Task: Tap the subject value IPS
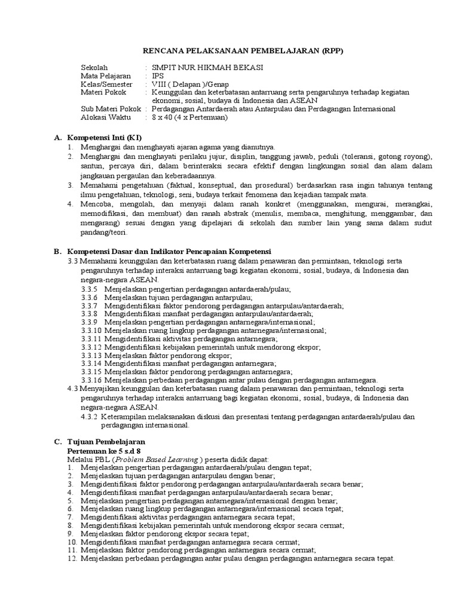coord(158,76)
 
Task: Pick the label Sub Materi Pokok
coord(111,109)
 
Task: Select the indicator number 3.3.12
coord(93,347)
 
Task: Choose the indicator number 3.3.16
coord(93,380)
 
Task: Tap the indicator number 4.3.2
coord(91,417)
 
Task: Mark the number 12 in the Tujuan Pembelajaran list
coord(72,558)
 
